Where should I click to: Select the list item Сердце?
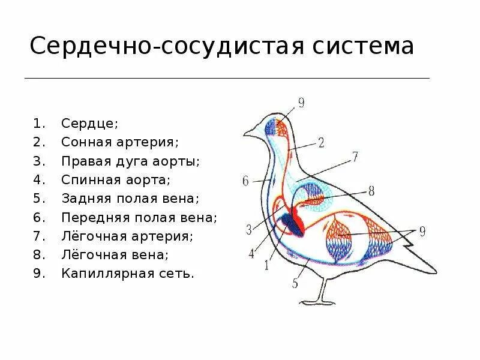tap(89, 124)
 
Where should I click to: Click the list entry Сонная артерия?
tap(121, 142)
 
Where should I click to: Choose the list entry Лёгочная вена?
tap(115, 254)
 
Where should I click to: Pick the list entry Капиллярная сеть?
tap(127, 273)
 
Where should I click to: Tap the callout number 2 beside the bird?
tap(320, 143)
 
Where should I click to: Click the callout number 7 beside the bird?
tap(355, 157)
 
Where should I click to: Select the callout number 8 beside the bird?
tap(371, 190)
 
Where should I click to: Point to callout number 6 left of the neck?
tap(245, 181)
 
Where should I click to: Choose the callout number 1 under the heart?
tap(266, 266)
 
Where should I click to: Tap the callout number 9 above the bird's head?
tap(301, 103)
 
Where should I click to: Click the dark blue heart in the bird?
tap(292, 224)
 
